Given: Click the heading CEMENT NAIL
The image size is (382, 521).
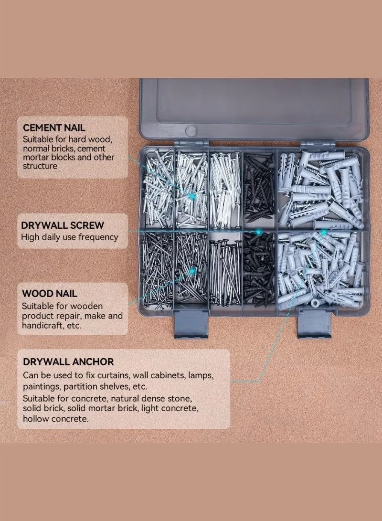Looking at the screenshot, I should (x=54, y=128).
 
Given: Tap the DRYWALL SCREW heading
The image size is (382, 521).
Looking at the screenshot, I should (x=63, y=225).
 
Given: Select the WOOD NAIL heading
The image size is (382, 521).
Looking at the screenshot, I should (x=50, y=294).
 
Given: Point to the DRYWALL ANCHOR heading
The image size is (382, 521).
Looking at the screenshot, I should (x=68, y=362).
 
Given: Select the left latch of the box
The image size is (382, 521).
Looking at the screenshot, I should (x=191, y=324).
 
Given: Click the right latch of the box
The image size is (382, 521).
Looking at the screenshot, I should (x=314, y=324).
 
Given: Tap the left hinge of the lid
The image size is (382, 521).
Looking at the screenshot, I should (x=191, y=143).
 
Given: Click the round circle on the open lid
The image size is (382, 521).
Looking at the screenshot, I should (x=191, y=130).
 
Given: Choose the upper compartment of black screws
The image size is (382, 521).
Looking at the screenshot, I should (x=259, y=189).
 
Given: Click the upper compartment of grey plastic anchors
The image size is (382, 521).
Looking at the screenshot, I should (x=321, y=189).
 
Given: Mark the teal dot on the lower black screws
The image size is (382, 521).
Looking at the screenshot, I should (x=258, y=232).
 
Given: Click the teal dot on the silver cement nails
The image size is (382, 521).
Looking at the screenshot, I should (x=192, y=196).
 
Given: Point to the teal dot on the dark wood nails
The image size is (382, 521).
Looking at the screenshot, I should (x=192, y=271).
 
